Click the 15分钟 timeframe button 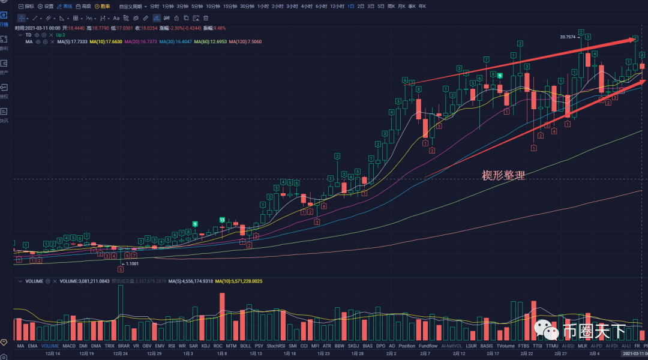click(x=230, y=6)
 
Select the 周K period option click(x=391, y=6)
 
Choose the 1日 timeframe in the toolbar click(x=351, y=6)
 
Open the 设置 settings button click(x=46, y=6)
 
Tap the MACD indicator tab click(x=69, y=346)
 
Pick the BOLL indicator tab click(x=245, y=346)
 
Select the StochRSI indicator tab click(x=276, y=346)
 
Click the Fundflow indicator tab click(x=428, y=346)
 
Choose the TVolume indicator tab click(x=506, y=346)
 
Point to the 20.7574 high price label click(x=567, y=37)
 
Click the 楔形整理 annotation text click(x=503, y=175)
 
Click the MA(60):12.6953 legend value click(x=210, y=42)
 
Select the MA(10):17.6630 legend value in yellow click(x=106, y=42)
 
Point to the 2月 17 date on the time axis click(x=493, y=354)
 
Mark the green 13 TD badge click(x=222, y=220)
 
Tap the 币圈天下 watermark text click(x=594, y=331)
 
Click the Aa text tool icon click(x=116, y=18)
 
